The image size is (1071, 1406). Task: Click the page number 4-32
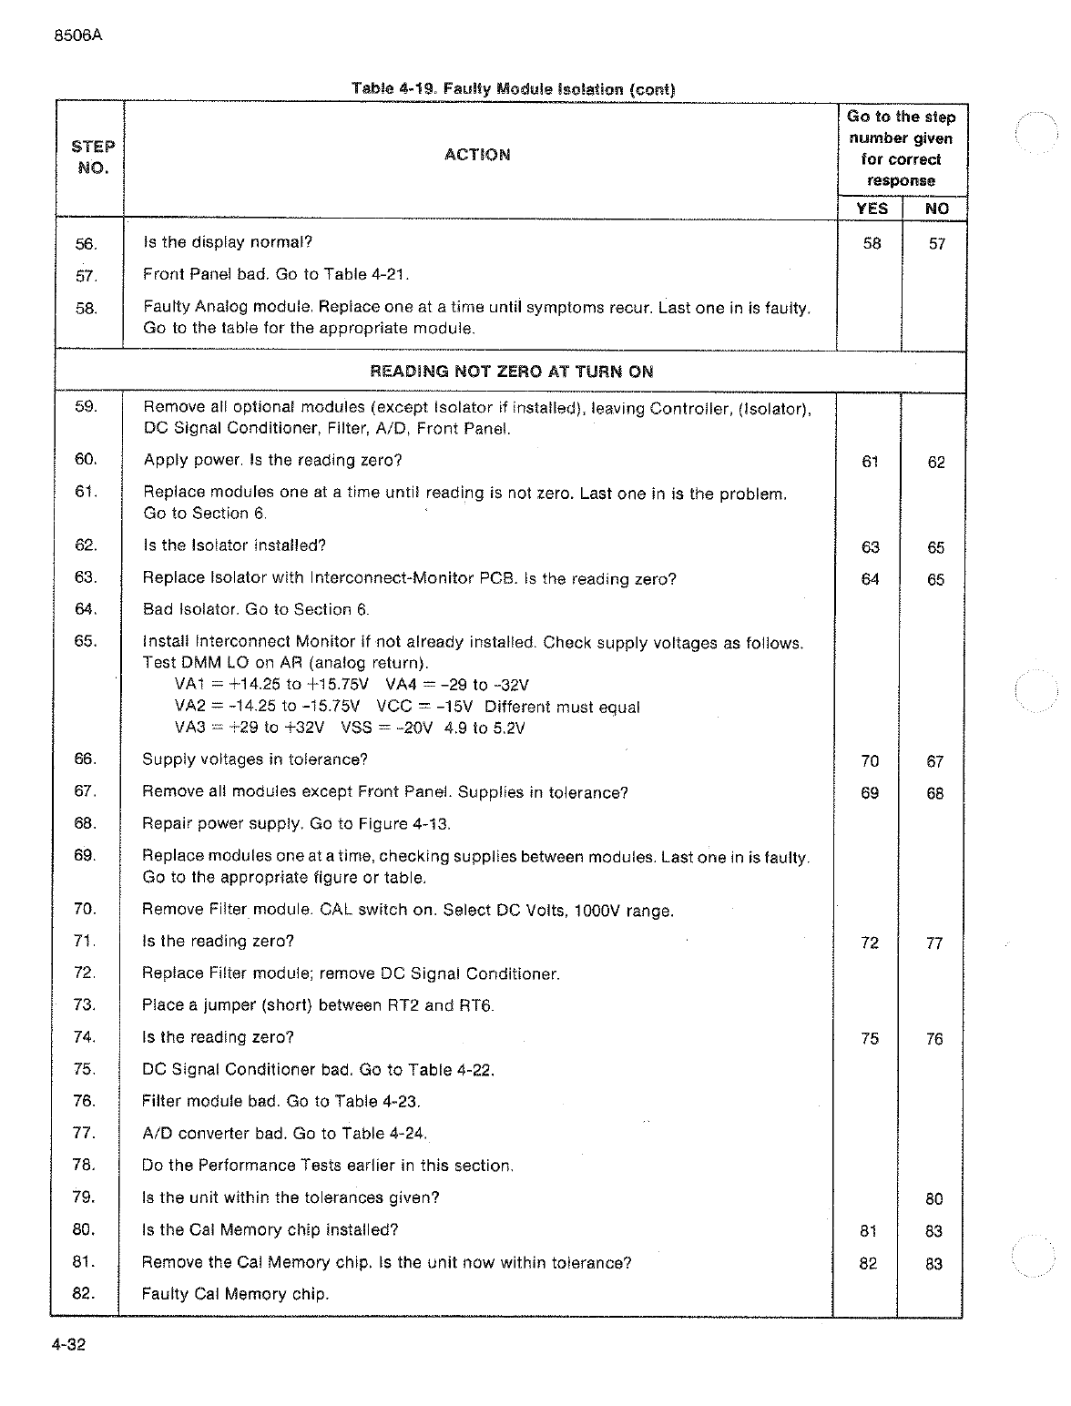(68, 1345)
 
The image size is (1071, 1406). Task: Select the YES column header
(872, 209)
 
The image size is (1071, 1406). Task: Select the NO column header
(936, 209)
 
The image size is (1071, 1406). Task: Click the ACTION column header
(477, 155)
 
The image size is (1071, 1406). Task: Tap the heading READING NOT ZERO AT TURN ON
(511, 372)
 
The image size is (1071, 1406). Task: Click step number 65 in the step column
(86, 640)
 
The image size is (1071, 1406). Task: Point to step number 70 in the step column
(85, 909)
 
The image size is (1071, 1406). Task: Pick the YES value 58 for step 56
(872, 243)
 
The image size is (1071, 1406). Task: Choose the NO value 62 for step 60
(936, 462)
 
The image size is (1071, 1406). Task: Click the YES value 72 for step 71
(870, 942)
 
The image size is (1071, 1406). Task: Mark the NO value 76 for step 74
(934, 1039)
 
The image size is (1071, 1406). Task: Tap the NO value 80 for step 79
(934, 1199)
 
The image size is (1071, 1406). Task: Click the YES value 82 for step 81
(869, 1264)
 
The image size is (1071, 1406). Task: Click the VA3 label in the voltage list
(189, 728)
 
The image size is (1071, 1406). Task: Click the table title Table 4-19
(394, 89)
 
